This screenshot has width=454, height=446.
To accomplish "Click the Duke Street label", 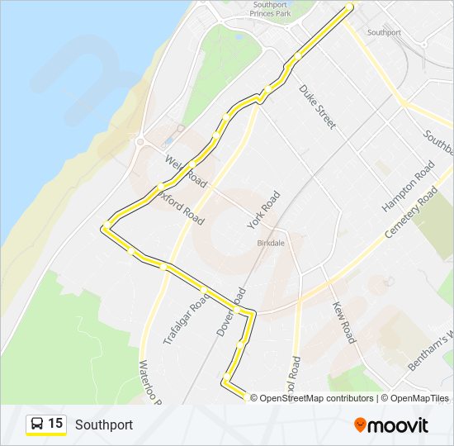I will [318, 107].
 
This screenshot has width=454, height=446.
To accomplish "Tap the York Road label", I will [264, 210].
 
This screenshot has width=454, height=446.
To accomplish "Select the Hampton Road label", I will [408, 186].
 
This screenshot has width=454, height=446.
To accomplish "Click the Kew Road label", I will [343, 322].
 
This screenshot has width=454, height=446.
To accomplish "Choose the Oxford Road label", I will [183, 205].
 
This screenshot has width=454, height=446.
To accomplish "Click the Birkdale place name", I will [271, 245].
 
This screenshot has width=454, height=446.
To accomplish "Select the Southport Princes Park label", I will [270, 9].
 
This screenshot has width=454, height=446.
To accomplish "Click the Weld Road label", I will [185, 168].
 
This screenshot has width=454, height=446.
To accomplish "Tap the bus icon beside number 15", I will [37, 425].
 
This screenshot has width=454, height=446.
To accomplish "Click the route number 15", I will [55, 424].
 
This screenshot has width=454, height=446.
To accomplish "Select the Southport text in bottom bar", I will [104, 425].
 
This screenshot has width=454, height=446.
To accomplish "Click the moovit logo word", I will [399, 425].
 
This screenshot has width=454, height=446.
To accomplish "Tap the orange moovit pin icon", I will [361, 425].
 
